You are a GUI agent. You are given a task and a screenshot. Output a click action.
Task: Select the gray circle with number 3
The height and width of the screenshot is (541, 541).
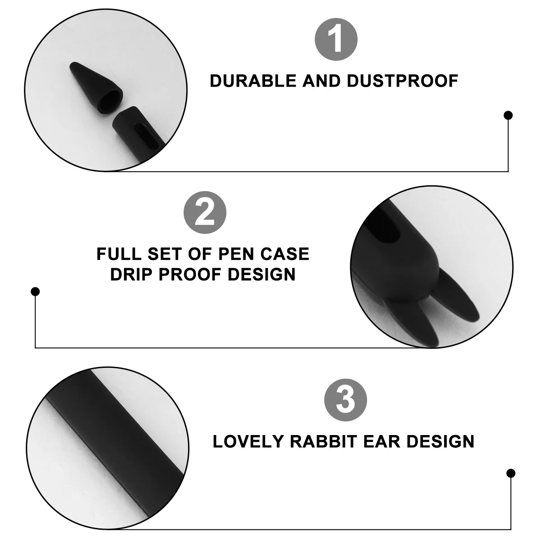[345, 400]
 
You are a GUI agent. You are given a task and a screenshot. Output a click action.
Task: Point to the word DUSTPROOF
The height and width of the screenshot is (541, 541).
[403, 81]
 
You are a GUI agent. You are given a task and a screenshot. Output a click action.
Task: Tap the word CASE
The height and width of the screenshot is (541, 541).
[287, 254]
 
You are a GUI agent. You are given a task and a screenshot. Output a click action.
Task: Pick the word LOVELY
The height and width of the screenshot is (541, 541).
[248, 441]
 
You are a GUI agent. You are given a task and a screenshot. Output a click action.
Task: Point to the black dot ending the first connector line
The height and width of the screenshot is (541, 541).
[508, 115]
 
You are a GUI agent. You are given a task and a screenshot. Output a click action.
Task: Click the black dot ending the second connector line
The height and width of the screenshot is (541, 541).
[35, 292]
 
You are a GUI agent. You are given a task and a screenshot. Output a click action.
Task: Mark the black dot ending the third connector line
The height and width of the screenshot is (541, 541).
[511, 473]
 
